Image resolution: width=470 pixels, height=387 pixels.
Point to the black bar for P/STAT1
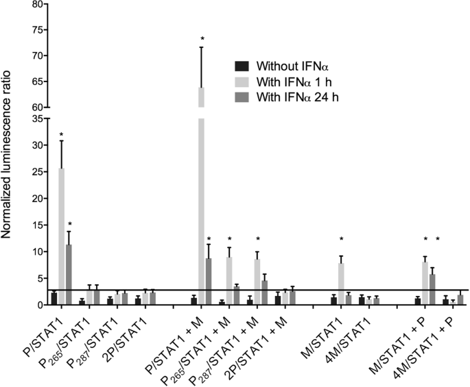click(x=54, y=299)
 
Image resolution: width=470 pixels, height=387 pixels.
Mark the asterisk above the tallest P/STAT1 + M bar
click(x=202, y=39)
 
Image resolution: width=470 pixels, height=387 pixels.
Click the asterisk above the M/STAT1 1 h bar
click(x=341, y=239)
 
